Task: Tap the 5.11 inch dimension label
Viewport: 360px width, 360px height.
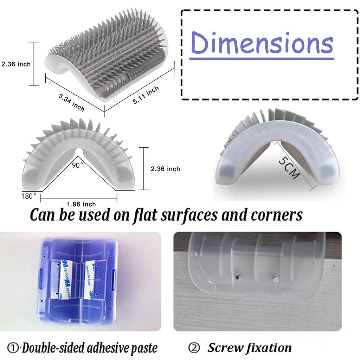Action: [x=146, y=95]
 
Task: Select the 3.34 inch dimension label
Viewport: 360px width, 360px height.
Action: [x=71, y=102]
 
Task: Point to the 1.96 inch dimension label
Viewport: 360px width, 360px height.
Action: [x=81, y=204]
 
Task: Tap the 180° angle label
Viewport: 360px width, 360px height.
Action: [x=28, y=195]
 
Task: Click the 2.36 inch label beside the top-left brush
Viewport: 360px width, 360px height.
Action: [x=15, y=64]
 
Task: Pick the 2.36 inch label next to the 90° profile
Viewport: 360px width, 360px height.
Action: [x=165, y=169]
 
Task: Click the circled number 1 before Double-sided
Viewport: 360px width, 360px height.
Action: [x=14, y=348]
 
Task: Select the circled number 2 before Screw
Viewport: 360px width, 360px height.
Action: [x=194, y=348]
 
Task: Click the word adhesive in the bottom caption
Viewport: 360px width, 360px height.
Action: [x=107, y=348]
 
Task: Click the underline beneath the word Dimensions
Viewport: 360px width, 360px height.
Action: [x=262, y=58]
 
